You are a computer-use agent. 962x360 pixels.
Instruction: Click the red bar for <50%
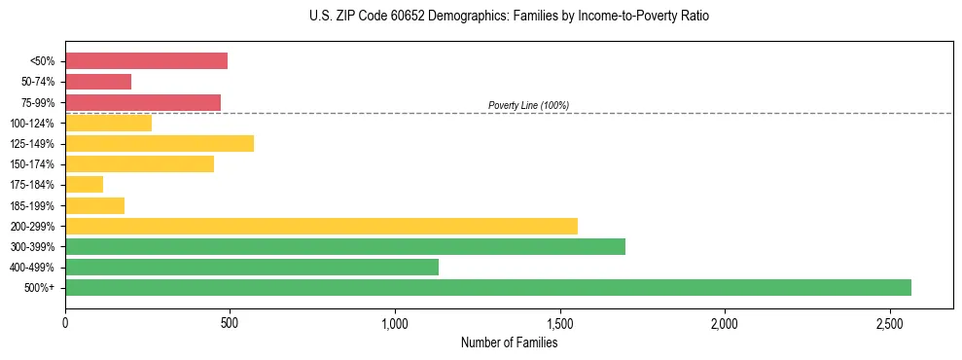click(146, 61)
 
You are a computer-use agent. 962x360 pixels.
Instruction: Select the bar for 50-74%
click(98, 82)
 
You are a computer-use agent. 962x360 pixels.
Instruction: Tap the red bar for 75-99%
click(143, 102)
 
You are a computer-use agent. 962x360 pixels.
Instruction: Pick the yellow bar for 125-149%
click(160, 144)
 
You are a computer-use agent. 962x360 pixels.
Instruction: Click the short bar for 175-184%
click(85, 185)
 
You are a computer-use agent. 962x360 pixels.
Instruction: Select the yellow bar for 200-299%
click(321, 226)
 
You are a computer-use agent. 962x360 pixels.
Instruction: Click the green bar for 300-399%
click(345, 246)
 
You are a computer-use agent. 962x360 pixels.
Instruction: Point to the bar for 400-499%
click(252, 267)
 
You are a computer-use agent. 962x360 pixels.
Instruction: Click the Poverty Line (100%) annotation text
click(528, 105)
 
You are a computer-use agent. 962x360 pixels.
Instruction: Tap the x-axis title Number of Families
click(509, 342)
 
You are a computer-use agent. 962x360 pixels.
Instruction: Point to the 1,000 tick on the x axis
click(395, 322)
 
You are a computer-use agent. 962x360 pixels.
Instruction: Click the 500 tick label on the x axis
click(230, 322)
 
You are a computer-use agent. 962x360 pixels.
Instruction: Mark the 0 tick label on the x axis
click(65, 322)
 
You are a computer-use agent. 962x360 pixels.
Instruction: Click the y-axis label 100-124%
click(32, 124)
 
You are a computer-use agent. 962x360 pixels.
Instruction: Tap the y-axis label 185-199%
click(32, 205)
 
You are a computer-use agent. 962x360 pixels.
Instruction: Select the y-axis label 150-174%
click(32, 164)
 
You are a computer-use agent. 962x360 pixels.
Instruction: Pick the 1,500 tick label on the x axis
click(559, 322)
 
